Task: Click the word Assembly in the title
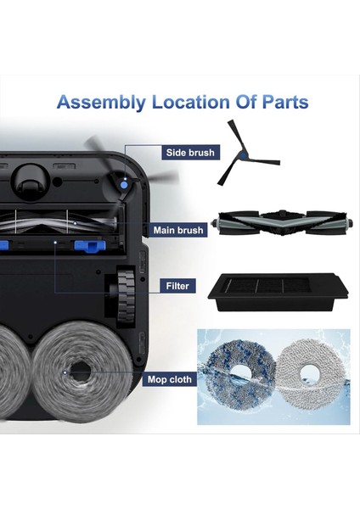point(101,103)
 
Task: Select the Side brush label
point(191,153)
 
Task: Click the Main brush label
point(179,230)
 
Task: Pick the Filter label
point(177,286)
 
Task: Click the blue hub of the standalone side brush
point(244,154)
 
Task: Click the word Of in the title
point(240,103)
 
